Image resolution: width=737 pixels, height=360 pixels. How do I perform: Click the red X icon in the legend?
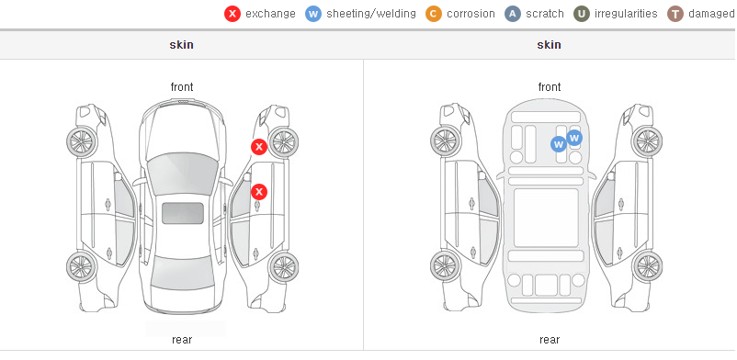tap(232, 14)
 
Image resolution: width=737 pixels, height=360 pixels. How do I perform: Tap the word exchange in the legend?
tap(270, 14)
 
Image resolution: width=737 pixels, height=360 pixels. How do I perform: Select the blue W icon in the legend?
tap(313, 14)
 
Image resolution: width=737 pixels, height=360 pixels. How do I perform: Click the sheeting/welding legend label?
tap(371, 14)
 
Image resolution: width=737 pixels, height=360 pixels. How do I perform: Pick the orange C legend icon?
tap(434, 14)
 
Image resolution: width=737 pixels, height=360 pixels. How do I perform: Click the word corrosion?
tap(471, 14)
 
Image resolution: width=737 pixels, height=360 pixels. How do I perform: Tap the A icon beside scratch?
tap(513, 14)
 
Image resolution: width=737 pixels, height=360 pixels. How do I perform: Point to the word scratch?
tap(544, 14)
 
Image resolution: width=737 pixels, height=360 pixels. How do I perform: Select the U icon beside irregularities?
tap(582, 14)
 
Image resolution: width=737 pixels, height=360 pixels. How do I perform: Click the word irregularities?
tap(626, 14)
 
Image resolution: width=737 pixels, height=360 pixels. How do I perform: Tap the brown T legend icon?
tap(675, 14)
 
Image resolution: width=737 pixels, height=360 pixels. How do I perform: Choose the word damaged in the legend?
tap(711, 14)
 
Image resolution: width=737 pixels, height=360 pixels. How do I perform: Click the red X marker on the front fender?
tap(259, 147)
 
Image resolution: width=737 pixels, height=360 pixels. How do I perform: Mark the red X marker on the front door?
tap(259, 192)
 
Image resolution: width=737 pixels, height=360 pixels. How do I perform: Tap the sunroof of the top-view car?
tap(183, 213)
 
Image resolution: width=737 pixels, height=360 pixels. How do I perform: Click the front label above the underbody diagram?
tap(549, 87)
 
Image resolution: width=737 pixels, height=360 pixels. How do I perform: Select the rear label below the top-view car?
tap(182, 340)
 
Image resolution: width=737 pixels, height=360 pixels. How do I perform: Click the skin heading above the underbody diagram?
tap(549, 45)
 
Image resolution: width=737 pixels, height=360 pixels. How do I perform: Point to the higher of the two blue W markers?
tap(574, 138)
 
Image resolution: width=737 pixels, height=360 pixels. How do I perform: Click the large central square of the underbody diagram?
tap(546, 218)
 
